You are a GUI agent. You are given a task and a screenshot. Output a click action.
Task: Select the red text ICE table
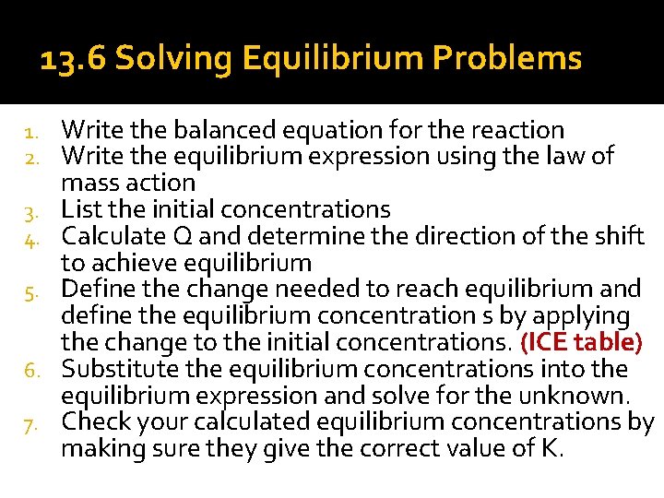tap(580, 343)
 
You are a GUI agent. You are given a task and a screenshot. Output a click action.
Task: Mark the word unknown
tap(577, 397)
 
